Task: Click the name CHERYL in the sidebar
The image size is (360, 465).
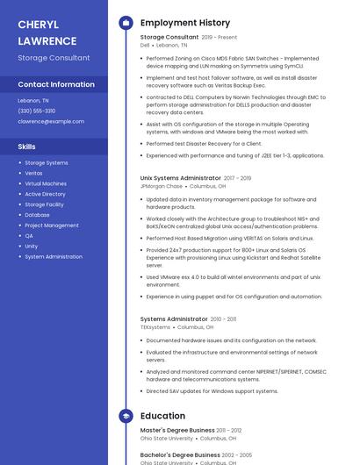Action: [40, 24]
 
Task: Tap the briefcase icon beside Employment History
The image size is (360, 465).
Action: [126, 23]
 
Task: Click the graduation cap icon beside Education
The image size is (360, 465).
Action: [126, 416]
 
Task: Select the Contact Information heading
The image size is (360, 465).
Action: [56, 84]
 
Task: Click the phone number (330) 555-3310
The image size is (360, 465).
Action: [36, 111]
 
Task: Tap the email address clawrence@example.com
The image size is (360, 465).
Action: [51, 121]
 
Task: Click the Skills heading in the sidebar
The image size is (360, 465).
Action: [26, 147]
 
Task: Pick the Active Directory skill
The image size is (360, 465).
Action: [45, 194]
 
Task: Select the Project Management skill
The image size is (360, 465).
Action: [52, 225]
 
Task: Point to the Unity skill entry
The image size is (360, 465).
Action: [32, 247]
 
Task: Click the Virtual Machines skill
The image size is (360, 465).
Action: [46, 183]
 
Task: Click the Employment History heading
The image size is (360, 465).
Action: [185, 23]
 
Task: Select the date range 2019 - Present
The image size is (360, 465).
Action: [220, 38]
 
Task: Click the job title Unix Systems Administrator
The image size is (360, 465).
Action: [181, 178]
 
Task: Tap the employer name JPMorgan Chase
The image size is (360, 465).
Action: [162, 187]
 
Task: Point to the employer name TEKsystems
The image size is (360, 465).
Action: [155, 327]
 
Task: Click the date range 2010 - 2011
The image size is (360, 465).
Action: [223, 319]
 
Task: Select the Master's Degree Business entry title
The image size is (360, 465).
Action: [177, 430]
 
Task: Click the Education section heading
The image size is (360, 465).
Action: [162, 416]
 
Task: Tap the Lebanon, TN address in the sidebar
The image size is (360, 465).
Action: [33, 100]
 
